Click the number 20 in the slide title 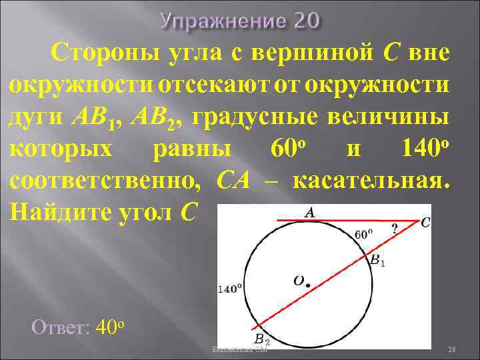[x=304, y=21]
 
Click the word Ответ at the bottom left [x=59, y=327]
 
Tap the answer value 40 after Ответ [x=107, y=327]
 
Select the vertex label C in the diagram [x=425, y=224]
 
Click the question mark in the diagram [x=395, y=229]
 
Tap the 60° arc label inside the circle [x=363, y=235]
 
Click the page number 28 [x=451, y=349]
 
